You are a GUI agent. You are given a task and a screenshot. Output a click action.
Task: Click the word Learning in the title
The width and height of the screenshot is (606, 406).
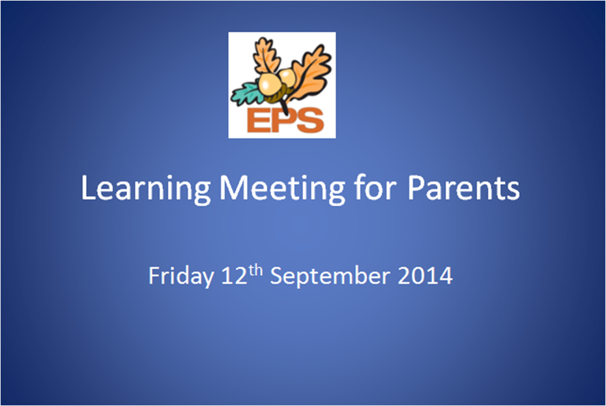[x=146, y=189]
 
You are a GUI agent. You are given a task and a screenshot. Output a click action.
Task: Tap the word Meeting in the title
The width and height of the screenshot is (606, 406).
[x=282, y=189]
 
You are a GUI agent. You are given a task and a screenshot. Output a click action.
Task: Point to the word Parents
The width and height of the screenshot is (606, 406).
[x=463, y=187]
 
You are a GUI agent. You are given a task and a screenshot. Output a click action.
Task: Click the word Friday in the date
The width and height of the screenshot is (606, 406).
[x=181, y=277]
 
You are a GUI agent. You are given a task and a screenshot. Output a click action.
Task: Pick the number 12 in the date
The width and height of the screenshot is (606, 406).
[x=234, y=276]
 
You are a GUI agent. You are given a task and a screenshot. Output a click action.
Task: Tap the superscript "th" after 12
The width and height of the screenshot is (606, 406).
[x=255, y=271]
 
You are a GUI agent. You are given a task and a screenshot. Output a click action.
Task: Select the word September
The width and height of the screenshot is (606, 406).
[x=330, y=277]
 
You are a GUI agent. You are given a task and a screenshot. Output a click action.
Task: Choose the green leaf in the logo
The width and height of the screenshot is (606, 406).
[x=246, y=94]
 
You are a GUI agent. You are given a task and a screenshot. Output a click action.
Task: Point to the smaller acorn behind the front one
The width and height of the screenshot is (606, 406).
[x=288, y=78]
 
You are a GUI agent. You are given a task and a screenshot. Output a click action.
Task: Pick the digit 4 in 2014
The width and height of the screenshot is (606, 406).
[x=446, y=276]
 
